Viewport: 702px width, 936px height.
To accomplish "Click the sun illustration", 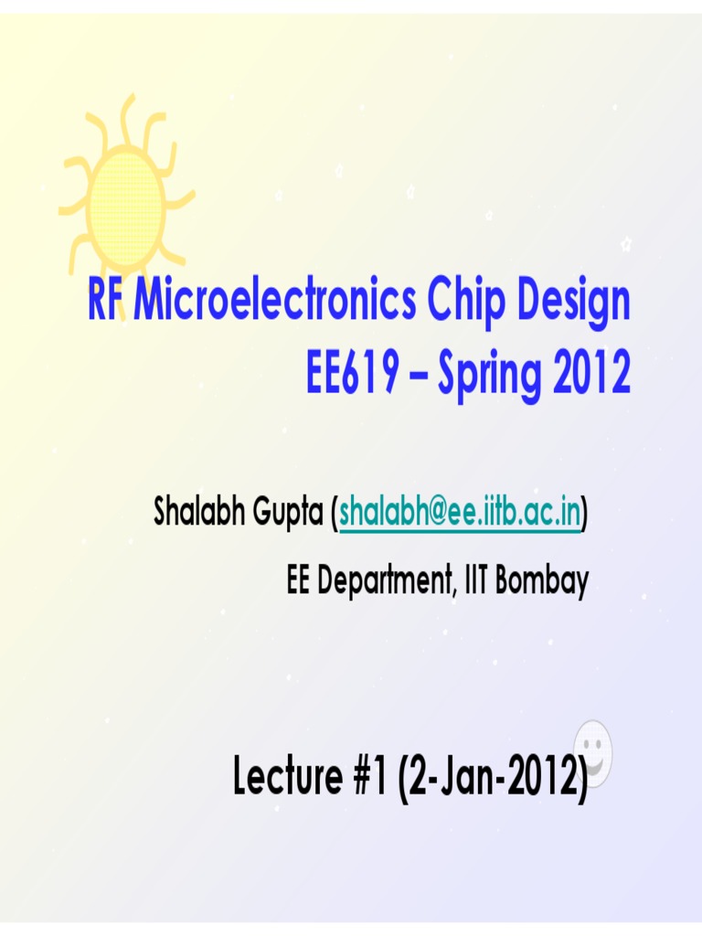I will click(125, 200).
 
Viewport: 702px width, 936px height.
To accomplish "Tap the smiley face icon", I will click(592, 754).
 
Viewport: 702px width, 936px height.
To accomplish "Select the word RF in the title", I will click(105, 303).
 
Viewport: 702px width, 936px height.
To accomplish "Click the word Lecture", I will click(285, 778).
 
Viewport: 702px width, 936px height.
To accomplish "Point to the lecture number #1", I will click(369, 778).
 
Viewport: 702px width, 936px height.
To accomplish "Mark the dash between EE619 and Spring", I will click(418, 374).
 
